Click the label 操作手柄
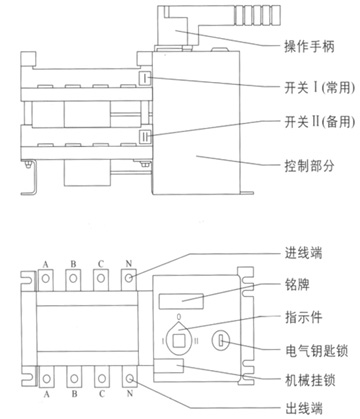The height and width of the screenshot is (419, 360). coord(309,46)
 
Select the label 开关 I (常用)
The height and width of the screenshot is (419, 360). coord(319,88)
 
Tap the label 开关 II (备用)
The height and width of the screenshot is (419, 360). coord(319,122)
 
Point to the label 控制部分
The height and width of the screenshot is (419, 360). coord(309,165)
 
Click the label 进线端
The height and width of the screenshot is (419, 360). coord(303,253)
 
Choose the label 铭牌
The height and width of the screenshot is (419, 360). coord(297,284)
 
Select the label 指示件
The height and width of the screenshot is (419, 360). coord(303,317)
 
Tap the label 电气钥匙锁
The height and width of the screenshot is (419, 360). coord(316,351)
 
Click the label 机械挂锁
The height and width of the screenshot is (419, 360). coord(310,380)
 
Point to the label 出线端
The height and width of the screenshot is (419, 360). coord(304,408)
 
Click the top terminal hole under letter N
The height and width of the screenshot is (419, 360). coord(129,277)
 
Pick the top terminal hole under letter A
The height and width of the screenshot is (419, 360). coord(46,277)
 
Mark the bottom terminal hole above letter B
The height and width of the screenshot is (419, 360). coord(74,379)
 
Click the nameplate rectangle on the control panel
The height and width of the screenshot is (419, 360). coord(181,301)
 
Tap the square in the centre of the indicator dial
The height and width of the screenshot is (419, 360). coord(179,341)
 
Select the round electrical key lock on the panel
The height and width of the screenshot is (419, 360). coord(221,340)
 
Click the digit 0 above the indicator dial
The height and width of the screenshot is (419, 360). coord(179,316)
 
